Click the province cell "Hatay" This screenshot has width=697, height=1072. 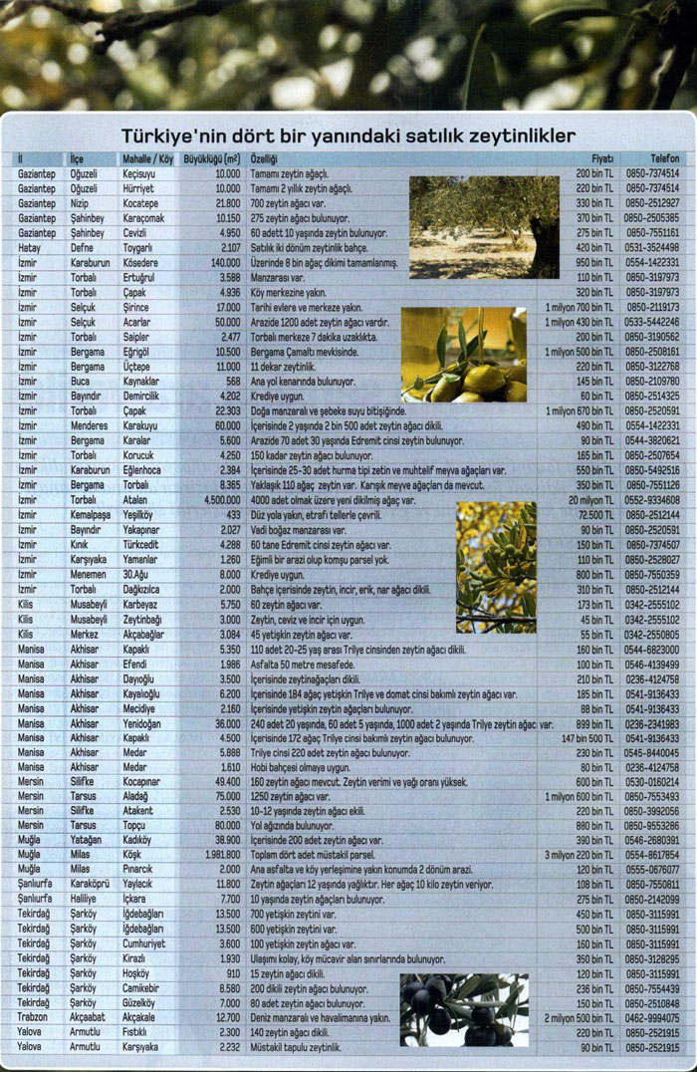click(x=29, y=247)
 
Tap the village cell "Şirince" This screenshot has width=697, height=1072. click(x=137, y=308)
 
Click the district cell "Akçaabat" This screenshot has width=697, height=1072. click(x=89, y=1018)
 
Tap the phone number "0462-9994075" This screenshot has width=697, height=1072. click(x=652, y=1018)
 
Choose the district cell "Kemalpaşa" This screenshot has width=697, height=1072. click(x=92, y=515)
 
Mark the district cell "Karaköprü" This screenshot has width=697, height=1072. click(x=92, y=884)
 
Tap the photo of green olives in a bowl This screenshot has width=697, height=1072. click(x=463, y=354)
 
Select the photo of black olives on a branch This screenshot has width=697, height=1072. click(x=451, y=1009)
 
